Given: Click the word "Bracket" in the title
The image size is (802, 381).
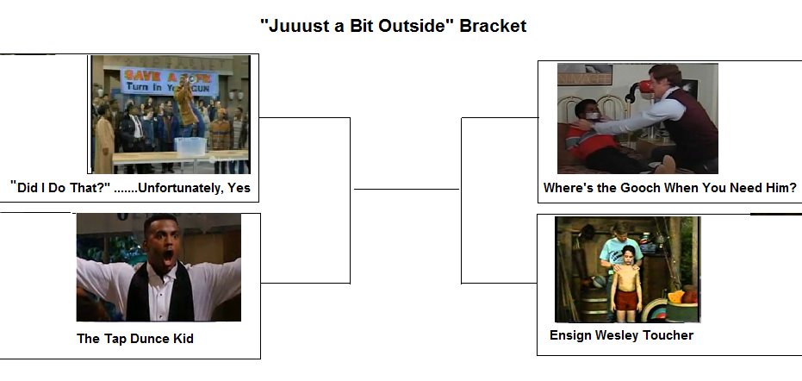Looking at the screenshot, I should (x=492, y=26).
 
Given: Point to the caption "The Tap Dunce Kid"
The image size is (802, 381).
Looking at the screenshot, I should (x=135, y=339).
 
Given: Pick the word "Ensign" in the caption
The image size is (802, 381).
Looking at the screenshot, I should (x=571, y=335).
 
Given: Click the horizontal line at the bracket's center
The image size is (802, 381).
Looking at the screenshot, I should (x=406, y=189).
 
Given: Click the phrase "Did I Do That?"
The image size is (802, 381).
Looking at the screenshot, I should (x=60, y=188).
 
